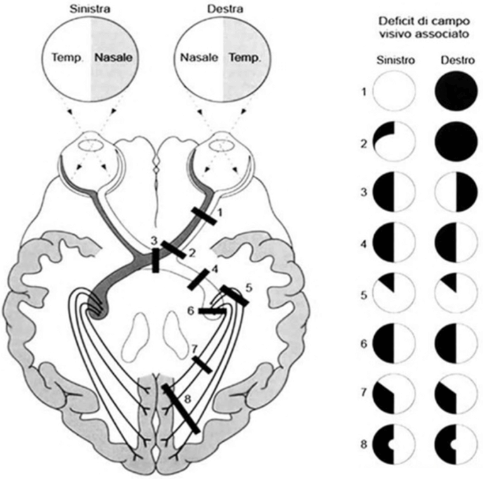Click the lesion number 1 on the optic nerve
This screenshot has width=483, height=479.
click(220, 213)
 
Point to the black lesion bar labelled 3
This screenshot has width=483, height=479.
click(156, 260)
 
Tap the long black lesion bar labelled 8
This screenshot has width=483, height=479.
click(181, 409)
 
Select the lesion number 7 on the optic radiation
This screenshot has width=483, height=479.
click(195, 348)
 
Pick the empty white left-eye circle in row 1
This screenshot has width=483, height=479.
click(394, 91)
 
